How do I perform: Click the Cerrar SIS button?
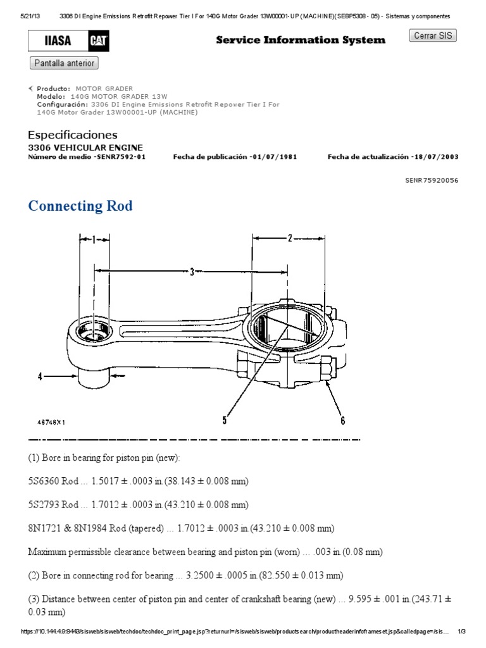433,36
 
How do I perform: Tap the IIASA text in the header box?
58,42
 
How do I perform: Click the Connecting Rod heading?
80,206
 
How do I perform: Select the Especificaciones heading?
73,135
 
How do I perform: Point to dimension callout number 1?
93,240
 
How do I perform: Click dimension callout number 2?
289,239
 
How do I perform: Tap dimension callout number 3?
192,272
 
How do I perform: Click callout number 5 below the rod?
224,418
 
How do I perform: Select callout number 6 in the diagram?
342,419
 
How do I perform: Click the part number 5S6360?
43,482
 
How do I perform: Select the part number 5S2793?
43,505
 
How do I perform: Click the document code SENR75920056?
432,180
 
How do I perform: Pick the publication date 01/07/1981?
274,157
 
